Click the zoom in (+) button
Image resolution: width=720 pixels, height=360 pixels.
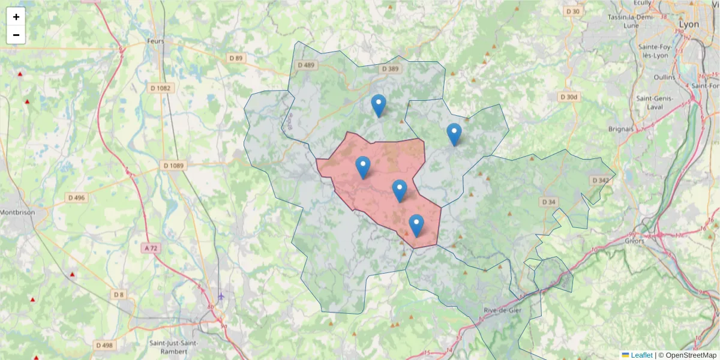click(16, 17)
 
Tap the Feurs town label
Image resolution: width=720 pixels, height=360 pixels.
click(155, 41)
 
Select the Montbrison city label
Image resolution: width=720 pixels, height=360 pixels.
click(17, 212)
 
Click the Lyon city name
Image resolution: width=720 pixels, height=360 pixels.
click(688, 25)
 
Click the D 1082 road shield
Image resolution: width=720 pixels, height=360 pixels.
click(160, 88)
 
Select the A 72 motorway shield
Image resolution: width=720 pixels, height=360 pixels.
click(154, 247)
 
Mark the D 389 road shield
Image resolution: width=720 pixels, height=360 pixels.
click(389, 70)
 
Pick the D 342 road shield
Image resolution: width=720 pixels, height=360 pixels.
click(599, 181)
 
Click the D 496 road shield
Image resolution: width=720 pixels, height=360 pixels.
click(77, 197)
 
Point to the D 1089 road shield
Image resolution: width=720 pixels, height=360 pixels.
click(173, 165)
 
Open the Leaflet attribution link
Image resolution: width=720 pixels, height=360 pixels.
click(641, 355)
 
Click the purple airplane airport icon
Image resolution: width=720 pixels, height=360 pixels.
click(221, 296)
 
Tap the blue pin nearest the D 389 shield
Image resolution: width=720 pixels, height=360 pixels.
click(378, 105)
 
